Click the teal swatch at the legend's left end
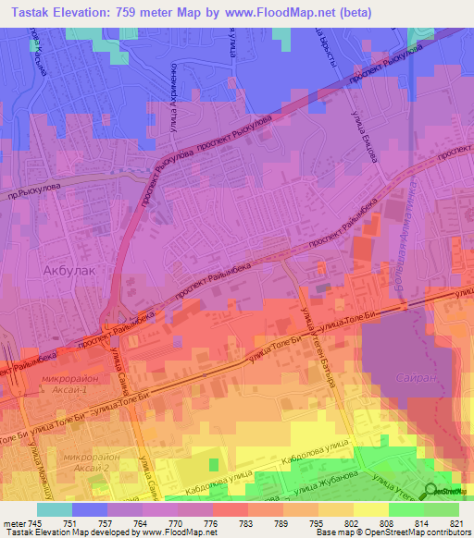coord(54,509)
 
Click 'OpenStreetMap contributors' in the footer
coord(415,532)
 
